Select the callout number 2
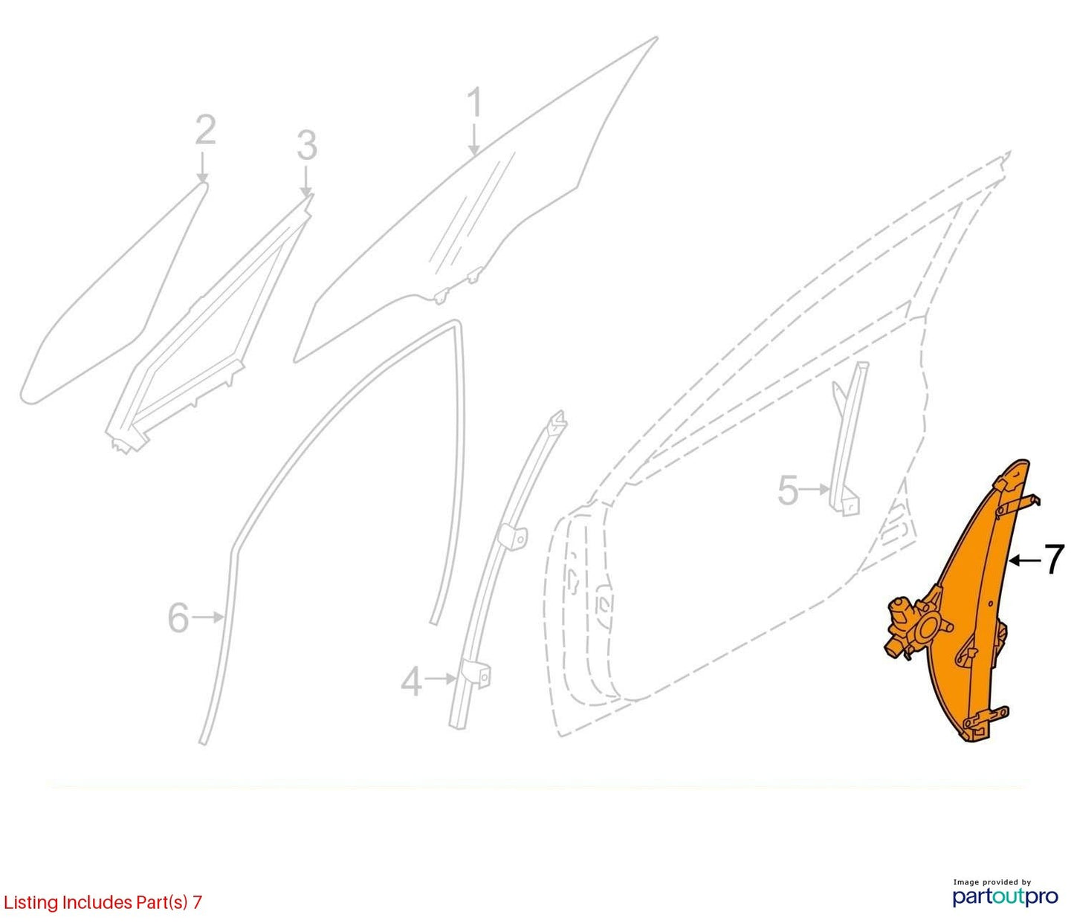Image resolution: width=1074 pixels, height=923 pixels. [206, 129]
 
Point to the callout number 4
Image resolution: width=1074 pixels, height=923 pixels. [412, 682]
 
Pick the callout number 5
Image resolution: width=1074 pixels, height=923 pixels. [788, 490]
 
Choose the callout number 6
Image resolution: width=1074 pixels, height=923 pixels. [178, 618]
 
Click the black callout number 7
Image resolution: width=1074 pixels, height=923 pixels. [1053, 559]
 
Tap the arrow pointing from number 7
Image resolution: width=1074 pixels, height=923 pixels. [1024, 560]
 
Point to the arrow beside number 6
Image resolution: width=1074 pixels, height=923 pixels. [208, 617]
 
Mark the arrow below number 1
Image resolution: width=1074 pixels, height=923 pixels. [474, 139]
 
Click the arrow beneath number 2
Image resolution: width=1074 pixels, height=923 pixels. [203, 166]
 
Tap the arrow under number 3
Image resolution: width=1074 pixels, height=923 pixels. [306, 181]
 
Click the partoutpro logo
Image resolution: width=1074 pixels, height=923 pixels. [1006, 896]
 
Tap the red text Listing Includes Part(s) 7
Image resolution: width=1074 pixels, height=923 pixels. [103, 901]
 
